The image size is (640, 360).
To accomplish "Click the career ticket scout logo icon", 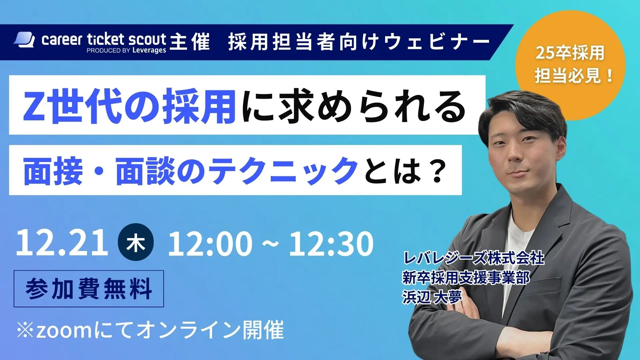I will click(x=24, y=40).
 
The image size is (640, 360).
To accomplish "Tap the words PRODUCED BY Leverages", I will click(x=126, y=51).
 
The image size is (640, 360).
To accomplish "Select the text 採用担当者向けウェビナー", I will click(x=359, y=43).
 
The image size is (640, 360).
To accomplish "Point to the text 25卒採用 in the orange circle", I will click(x=570, y=53).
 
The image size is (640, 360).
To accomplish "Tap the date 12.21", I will click(x=62, y=243).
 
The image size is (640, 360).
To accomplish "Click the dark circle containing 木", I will click(x=136, y=242).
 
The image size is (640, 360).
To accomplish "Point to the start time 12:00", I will click(x=210, y=244).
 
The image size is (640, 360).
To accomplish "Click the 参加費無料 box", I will click(x=89, y=289).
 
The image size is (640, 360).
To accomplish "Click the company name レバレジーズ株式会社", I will click(x=474, y=258).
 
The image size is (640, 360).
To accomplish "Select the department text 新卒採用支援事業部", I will click(x=466, y=278).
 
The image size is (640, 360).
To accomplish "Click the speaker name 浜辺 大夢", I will click(x=432, y=297).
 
